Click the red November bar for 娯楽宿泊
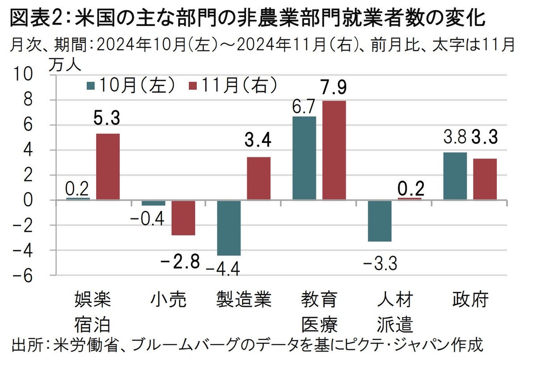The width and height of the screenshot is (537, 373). tap(107, 166)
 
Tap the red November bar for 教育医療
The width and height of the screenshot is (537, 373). tap(334, 150)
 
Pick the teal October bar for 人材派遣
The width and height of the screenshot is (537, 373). tap(379, 221)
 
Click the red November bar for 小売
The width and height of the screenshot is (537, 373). tap(183, 218)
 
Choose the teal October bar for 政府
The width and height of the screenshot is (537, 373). tap(455, 176)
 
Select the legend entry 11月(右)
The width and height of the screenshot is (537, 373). tap(233, 85)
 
